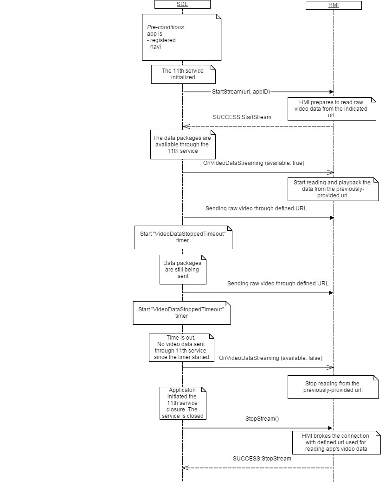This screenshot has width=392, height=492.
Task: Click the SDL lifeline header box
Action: pyautogui.click(x=182, y=5)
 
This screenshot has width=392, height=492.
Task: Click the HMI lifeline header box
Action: pyautogui.click(x=333, y=6)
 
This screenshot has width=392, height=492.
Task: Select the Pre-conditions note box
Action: pyautogui.click(x=181, y=37)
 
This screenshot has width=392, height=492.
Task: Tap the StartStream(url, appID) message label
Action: pyautogui.click(x=241, y=92)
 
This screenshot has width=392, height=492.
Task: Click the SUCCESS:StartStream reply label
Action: pyautogui.click(x=242, y=117)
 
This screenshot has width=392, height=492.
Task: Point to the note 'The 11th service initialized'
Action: pyautogui.click(x=183, y=74)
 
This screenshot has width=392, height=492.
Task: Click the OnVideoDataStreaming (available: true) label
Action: pyautogui.click(x=253, y=163)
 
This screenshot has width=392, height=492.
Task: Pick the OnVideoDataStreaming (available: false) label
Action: pyautogui.click(x=270, y=358)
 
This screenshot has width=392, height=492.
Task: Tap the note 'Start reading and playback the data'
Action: pyautogui.click(x=332, y=189)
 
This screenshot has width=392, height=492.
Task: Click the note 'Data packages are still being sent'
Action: pyautogui.click(x=182, y=269)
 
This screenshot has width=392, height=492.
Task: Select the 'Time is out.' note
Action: pyautogui.click(x=182, y=347)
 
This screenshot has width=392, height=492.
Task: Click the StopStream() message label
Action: pyautogui.click(x=262, y=419)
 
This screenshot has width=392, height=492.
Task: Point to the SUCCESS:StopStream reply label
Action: pyautogui.click(x=262, y=459)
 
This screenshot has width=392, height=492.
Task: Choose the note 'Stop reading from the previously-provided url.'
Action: pyautogui.click(x=332, y=387)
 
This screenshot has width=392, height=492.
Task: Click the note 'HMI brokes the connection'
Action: pyautogui.click(x=336, y=442)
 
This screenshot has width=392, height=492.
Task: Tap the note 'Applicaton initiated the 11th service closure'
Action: pyautogui.click(x=182, y=403)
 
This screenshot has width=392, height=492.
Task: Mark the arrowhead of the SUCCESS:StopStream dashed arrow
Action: pyautogui.click(x=186, y=468)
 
